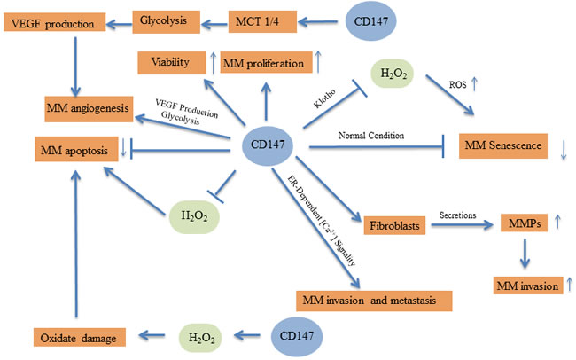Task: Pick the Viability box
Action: [x=170, y=63]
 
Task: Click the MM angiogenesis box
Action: [x=84, y=110]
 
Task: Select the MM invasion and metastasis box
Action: [x=373, y=300]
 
